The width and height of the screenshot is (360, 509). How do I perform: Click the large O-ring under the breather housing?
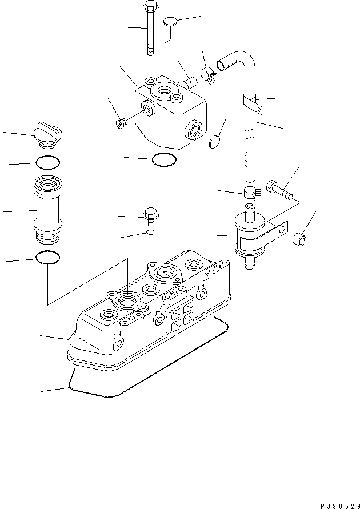165,160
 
